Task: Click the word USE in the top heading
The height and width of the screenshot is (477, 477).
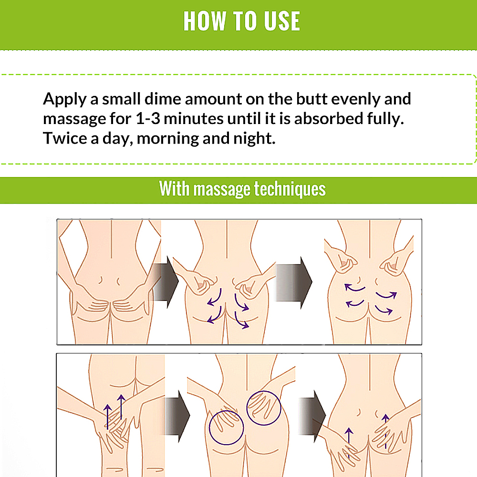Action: [282, 21]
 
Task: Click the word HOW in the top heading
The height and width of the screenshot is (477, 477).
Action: [205, 21]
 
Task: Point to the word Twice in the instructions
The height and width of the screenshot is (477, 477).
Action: [65, 138]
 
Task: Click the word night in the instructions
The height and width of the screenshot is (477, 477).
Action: [254, 139]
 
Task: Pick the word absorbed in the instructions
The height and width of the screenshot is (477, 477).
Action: [329, 118]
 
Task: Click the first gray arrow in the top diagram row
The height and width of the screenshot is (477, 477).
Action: [166, 282]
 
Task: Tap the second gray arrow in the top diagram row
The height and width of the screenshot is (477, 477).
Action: [293, 282]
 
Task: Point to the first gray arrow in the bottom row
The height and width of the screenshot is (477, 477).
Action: [177, 416]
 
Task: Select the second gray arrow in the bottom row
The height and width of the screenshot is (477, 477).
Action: [312, 416]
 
